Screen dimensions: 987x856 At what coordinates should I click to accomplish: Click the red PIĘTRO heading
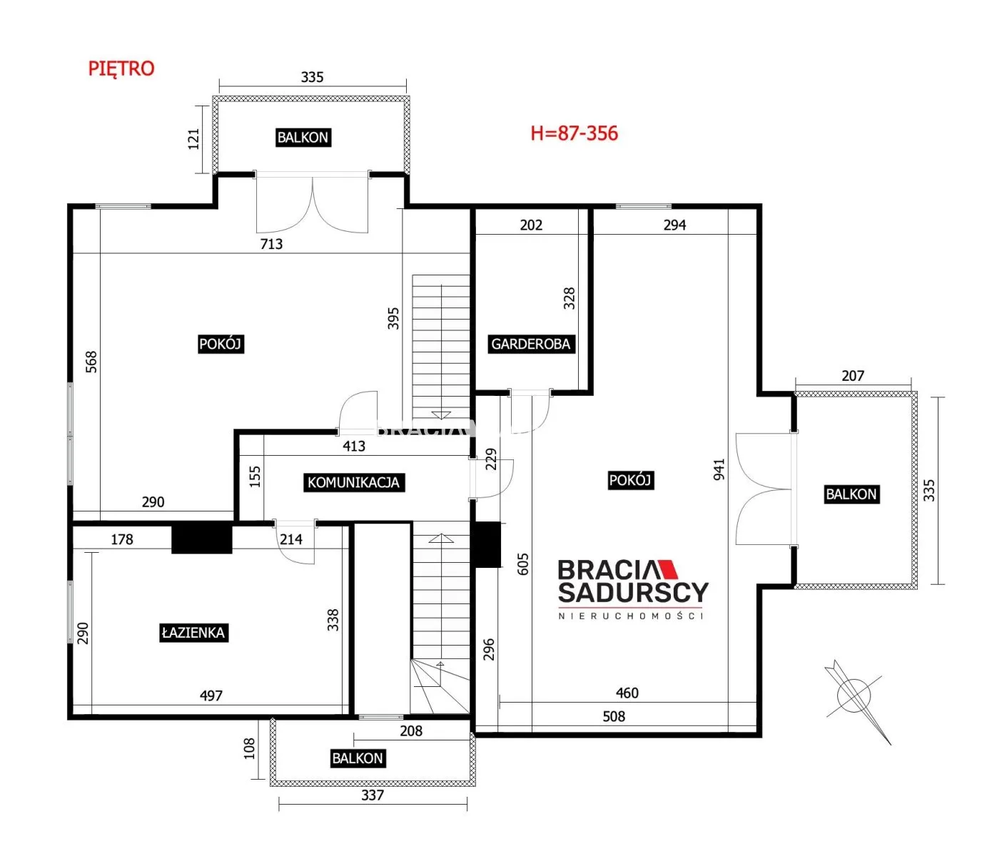(121, 68)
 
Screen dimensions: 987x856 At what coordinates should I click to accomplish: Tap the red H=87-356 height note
(574, 133)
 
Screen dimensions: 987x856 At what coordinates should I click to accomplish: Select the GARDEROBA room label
(530, 344)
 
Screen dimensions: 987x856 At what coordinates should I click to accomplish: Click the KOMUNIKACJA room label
(353, 482)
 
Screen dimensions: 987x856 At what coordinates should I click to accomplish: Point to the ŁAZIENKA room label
(193, 632)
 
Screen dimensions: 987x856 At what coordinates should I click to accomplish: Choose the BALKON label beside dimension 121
(303, 138)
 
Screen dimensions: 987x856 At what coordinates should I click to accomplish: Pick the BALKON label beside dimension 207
(851, 494)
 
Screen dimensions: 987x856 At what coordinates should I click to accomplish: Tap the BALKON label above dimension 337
(358, 758)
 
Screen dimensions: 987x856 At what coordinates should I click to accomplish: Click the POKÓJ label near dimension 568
(220, 344)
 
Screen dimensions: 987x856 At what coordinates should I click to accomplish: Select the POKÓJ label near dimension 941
(630, 480)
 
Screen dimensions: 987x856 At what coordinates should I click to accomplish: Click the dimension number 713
(271, 244)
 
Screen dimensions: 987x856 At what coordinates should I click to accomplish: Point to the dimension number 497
(211, 695)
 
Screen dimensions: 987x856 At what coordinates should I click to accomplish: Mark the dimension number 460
(627, 693)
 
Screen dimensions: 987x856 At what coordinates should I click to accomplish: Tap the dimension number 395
(394, 319)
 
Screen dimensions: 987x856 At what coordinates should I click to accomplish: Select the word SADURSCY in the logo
(633, 592)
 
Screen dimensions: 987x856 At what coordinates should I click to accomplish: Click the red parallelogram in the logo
(667, 569)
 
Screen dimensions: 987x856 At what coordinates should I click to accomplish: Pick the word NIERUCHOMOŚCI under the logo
(630, 616)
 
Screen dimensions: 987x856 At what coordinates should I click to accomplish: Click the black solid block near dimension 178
(202, 537)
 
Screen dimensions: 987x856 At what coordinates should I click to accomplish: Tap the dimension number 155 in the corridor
(255, 477)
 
